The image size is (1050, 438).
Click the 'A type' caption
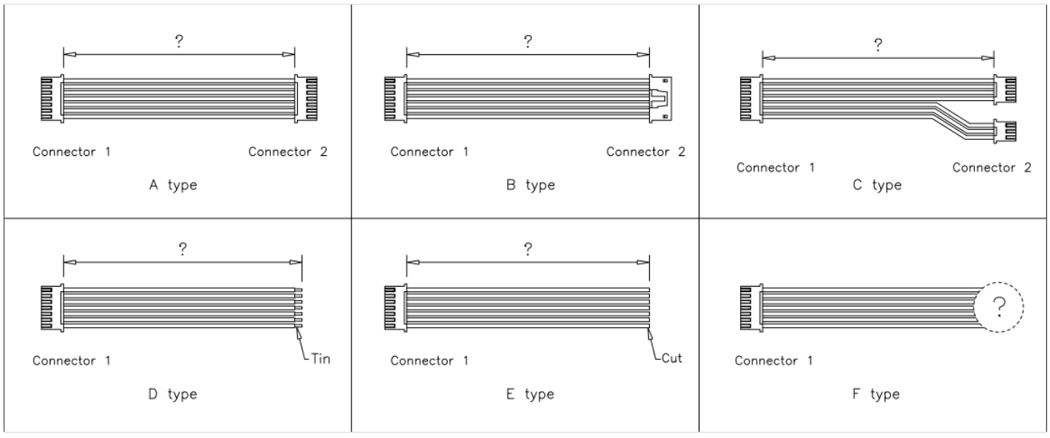tap(172, 185)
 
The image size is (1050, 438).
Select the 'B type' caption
tap(530, 185)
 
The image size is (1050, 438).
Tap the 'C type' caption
tap(877, 185)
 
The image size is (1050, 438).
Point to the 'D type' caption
tap(172, 394)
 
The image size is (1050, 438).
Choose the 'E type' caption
tap(530, 394)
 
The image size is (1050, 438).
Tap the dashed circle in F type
tap(999, 307)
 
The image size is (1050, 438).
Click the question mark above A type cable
tap(179, 42)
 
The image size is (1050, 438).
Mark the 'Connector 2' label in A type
tap(288, 151)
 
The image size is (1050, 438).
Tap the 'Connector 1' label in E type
tap(429, 360)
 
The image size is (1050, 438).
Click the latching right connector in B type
tap(661, 98)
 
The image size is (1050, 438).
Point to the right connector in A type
tap(305, 98)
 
